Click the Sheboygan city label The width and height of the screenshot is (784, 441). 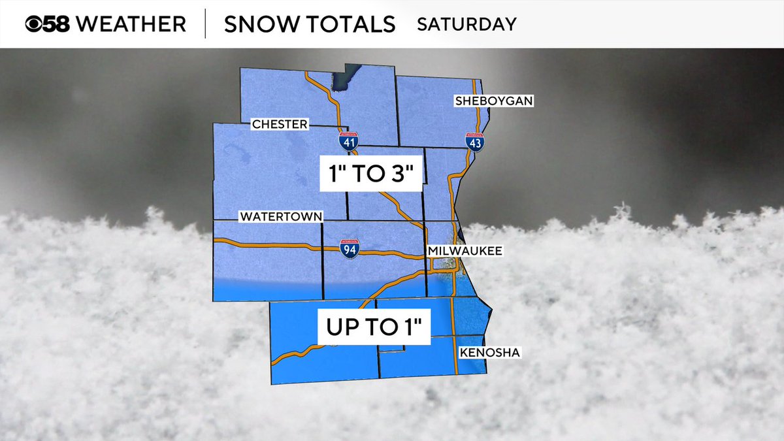pos(495,101)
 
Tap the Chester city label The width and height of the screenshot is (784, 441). pos(279,124)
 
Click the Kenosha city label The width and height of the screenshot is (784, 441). pos(490,353)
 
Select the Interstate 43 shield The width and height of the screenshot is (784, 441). pos(475,142)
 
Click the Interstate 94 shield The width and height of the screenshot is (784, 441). pos(350,248)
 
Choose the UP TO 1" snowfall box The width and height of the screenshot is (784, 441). pos(374,326)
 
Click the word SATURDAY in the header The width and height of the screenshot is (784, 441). pos(466,24)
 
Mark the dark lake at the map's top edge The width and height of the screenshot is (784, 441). pos(345,78)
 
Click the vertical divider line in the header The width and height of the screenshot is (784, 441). pos(206,24)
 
